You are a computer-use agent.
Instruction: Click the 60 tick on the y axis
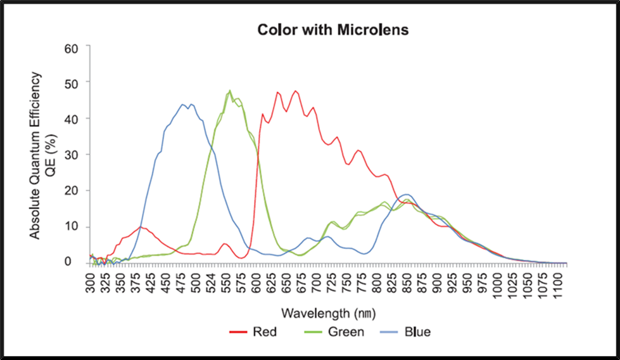click(x=72, y=48)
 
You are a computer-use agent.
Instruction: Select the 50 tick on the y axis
click(x=72, y=83)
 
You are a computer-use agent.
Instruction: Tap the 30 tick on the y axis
click(x=72, y=155)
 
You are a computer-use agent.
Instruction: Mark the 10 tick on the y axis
click(x=72, y=227)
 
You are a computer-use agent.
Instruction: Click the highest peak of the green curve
click(x=230, y=91)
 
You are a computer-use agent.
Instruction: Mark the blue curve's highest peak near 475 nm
click(x=183, y=105)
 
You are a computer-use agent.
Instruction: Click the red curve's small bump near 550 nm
click(x=225, y=243)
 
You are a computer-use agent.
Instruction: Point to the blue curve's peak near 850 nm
click(x=406, y=194)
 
